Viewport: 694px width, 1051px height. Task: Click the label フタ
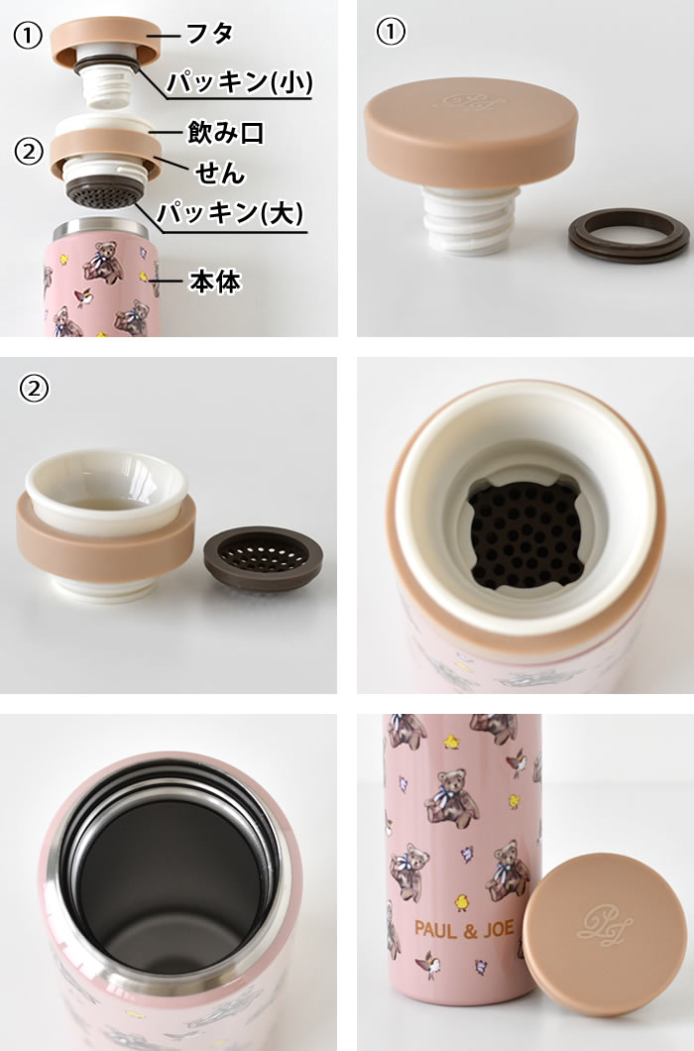coord(210,33)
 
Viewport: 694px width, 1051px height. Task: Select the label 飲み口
coord(225,132)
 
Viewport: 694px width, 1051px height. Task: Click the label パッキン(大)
coord(229,213)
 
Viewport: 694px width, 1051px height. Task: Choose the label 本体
coord(214,281)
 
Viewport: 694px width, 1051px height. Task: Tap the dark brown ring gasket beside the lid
coord(628,234)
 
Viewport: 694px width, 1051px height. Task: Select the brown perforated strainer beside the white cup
coord(263,556)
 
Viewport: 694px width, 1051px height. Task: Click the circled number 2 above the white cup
coord(34,390)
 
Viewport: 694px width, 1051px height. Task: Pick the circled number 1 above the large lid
coord(392,33)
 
